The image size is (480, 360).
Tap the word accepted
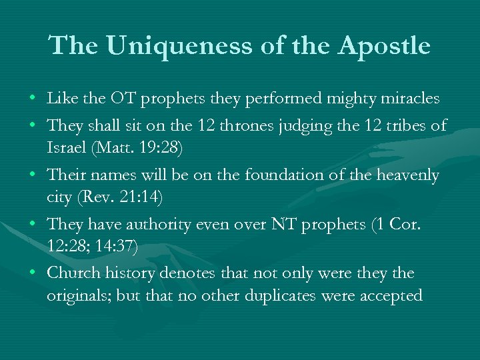[x=391, y=296]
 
